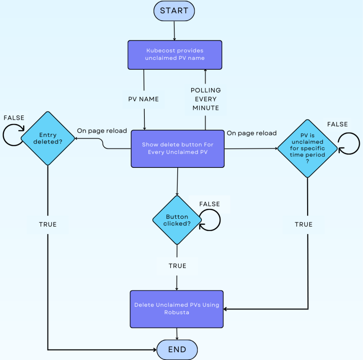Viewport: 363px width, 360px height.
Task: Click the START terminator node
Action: coord(174,11)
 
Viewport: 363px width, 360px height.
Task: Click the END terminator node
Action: coord(177,349)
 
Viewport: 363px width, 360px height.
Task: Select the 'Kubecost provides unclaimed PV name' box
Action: coord(175,54)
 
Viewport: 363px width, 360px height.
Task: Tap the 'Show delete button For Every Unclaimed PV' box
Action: coord(177,148)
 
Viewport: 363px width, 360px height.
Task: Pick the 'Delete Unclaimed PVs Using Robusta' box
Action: coord(177,309)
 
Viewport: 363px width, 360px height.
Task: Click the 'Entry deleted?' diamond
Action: coord(48,139)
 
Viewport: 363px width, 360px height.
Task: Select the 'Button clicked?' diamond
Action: coord(177,220)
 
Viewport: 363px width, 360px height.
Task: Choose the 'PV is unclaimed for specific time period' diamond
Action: coord(307,149)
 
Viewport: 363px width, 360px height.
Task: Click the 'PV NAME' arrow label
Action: coord(144,99)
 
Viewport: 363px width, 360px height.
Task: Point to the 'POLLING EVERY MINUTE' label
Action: coord(206,99)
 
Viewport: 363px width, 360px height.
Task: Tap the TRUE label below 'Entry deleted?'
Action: coord(48,224)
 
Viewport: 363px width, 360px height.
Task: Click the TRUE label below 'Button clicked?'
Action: coord(177,266)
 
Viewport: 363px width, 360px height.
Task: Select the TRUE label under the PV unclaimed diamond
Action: coord(304,224)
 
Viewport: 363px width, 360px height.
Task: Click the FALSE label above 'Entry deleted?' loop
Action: coord(14,118)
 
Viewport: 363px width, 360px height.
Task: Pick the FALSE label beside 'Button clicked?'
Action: coord(210,204)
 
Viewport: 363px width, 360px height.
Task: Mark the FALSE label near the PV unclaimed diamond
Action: coord(337,124)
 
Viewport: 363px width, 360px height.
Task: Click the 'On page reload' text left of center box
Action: coord(102,131)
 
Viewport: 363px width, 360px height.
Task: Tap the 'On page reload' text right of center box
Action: coord(252,133)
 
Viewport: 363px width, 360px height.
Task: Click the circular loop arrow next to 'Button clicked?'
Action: coord(210,220)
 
